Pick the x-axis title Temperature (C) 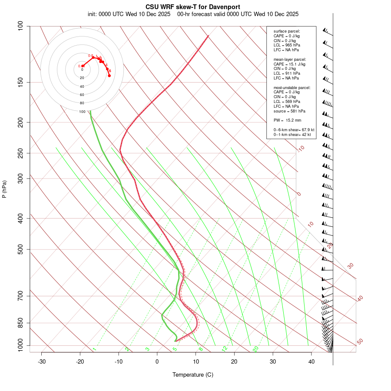(192, 374)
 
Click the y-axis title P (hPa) (4, 189)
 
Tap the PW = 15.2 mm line (287, 120)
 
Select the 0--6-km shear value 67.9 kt (305, 130)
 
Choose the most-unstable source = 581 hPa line (288, 111)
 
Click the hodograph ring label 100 (82, 112)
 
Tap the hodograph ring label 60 (82, 95)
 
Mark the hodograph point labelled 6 (110, 71)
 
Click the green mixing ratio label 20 (255, 348)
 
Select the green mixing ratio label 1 (94, 349)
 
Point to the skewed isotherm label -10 (301, 149)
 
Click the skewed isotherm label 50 (360, 342)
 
